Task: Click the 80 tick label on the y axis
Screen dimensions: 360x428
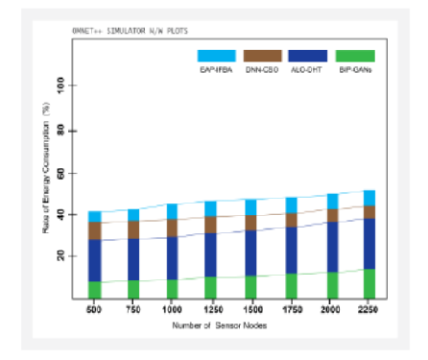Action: pyautogui.click(x=59, y=131)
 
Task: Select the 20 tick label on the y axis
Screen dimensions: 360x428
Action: pyautogui.click(x=59, y=256)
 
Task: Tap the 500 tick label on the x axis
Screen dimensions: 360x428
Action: pyautogui.click(x=94, y=312)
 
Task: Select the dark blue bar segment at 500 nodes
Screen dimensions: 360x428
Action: pyautogui.click(x=94, y=260)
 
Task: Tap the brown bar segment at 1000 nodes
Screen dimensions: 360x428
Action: pyautogui.click(x=173, y=228)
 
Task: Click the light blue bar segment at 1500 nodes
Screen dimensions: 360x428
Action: pyautogui.click(x=251, y=207)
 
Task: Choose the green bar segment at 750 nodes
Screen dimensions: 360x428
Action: pyautogui.click(x=133, y=289)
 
